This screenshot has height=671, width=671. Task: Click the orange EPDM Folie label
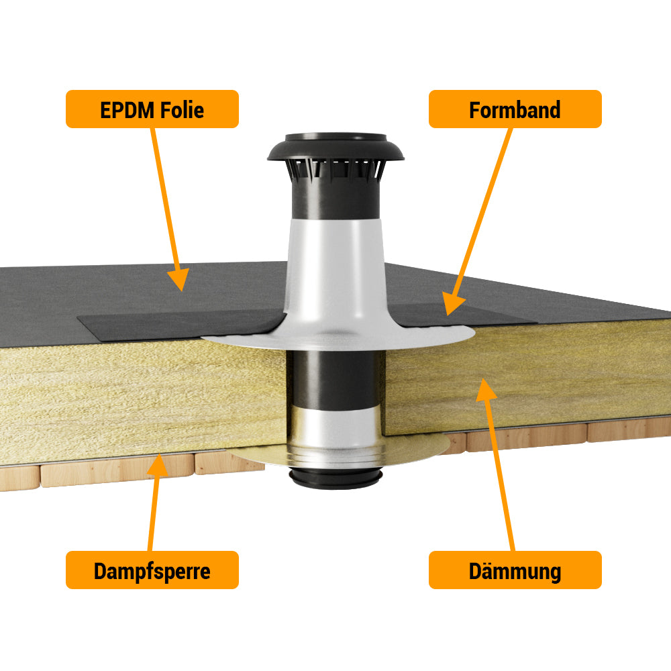[152, 109]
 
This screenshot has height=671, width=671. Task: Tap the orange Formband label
[515, 109]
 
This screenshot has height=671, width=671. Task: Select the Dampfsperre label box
[152, 570]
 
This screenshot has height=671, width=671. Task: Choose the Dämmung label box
[515, 570]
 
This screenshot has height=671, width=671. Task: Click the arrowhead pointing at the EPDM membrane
[179, 279]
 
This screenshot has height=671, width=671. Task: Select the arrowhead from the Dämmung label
[485, 389]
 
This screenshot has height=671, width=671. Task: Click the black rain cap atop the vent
[335, 147]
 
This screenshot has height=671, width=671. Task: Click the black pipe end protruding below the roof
[335, 478]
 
